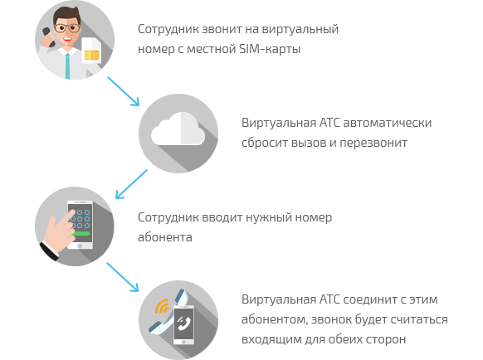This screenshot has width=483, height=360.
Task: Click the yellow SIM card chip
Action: point(91,55)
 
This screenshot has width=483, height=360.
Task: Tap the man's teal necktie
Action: point(67,66)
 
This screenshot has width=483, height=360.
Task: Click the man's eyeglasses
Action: point(67,27)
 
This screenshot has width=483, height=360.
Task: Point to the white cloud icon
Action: point(178,129)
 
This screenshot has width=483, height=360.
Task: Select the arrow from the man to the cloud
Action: point(123,91)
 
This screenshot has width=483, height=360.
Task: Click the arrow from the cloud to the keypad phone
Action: point(131,184)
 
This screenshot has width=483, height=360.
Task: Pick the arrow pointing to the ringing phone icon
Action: point(123,277)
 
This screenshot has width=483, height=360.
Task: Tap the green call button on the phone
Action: point(80,233)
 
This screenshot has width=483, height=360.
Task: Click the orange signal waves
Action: point(162,306)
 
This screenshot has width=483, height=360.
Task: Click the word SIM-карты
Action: point(270,49)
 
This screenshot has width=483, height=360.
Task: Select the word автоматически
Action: point(388,123)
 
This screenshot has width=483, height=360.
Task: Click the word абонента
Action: point(165,237)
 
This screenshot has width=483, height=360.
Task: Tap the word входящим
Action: point(271,339)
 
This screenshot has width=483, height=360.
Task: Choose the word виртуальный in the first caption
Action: point(300,29)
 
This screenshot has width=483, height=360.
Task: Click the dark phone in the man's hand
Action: point(48,36)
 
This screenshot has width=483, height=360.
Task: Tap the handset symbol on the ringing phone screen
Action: point(184,322)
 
